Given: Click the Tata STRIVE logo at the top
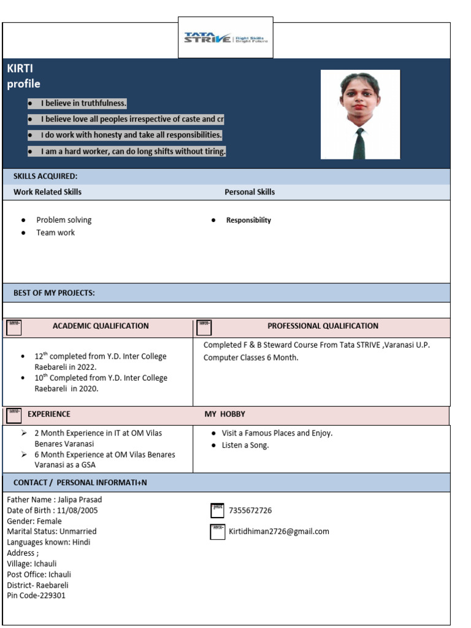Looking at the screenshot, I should pos(226,38).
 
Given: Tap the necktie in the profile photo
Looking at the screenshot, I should pos(359,144).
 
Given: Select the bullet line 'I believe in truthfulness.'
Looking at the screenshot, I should pos(83,103).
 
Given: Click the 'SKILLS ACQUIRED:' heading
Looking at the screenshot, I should pos(45,177).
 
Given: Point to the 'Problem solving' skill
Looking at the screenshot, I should pos(64,220).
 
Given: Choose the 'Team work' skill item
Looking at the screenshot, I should pos(55,232).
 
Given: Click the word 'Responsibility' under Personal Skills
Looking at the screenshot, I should pos(248,220).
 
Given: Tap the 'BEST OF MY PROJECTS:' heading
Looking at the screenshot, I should pos(54,293).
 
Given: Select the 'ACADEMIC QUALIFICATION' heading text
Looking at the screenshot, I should pos(101,326).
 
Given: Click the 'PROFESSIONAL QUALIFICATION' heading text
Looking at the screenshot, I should pos(323,326).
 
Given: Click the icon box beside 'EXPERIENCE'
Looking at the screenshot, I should pos(14,415).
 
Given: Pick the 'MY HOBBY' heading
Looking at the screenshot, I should pos(224,414).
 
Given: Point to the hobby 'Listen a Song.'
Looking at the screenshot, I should pos(245,445).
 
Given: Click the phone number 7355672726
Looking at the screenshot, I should pos(250,510).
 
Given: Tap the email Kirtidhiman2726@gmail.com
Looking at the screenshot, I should pos(279,531).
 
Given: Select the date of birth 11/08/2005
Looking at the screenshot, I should pos(76,510).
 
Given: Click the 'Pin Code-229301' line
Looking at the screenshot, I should pos(36,595).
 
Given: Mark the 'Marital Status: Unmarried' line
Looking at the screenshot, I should pos(52,531).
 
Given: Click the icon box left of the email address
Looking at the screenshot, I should pos(217,531).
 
